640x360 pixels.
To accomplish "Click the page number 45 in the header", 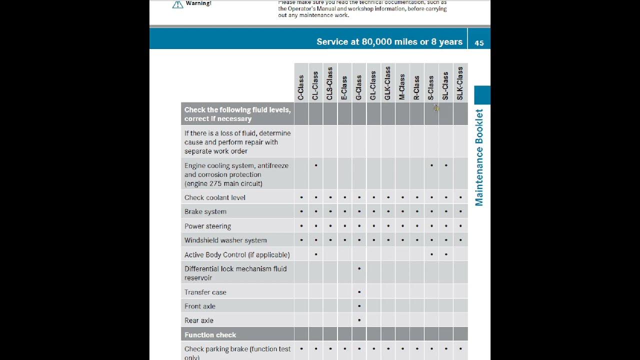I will click(479, 42).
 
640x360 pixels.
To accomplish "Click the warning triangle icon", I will click(177, 4).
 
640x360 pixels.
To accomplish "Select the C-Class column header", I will click(301, 87).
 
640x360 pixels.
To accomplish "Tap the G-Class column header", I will click(358, 87).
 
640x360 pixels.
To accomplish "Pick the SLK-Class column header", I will click(460, 83).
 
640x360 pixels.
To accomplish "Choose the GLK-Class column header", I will click(387, 83).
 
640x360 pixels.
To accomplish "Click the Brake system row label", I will click(205, 211).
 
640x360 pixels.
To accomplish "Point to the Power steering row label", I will click(207, 226).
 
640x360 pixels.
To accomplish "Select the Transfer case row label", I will click(205, 292).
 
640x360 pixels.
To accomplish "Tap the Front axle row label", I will click(200, 306).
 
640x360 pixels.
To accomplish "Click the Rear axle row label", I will click(199, 320).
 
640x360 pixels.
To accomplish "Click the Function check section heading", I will click(210, 334).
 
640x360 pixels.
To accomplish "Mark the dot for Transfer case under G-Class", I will click(359, 292).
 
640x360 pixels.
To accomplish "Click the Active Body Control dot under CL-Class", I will click(316, 254).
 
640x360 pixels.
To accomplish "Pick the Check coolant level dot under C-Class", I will click(301, 197).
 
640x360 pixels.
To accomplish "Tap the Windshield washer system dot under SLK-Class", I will click(460, 240).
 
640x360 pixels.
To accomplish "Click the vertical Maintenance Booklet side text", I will click(479, 157).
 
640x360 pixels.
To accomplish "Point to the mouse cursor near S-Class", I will click(436, 107).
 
